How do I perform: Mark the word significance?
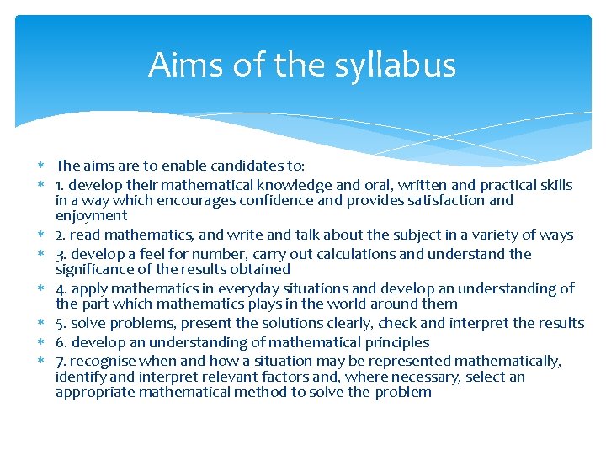tap(94, 269)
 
